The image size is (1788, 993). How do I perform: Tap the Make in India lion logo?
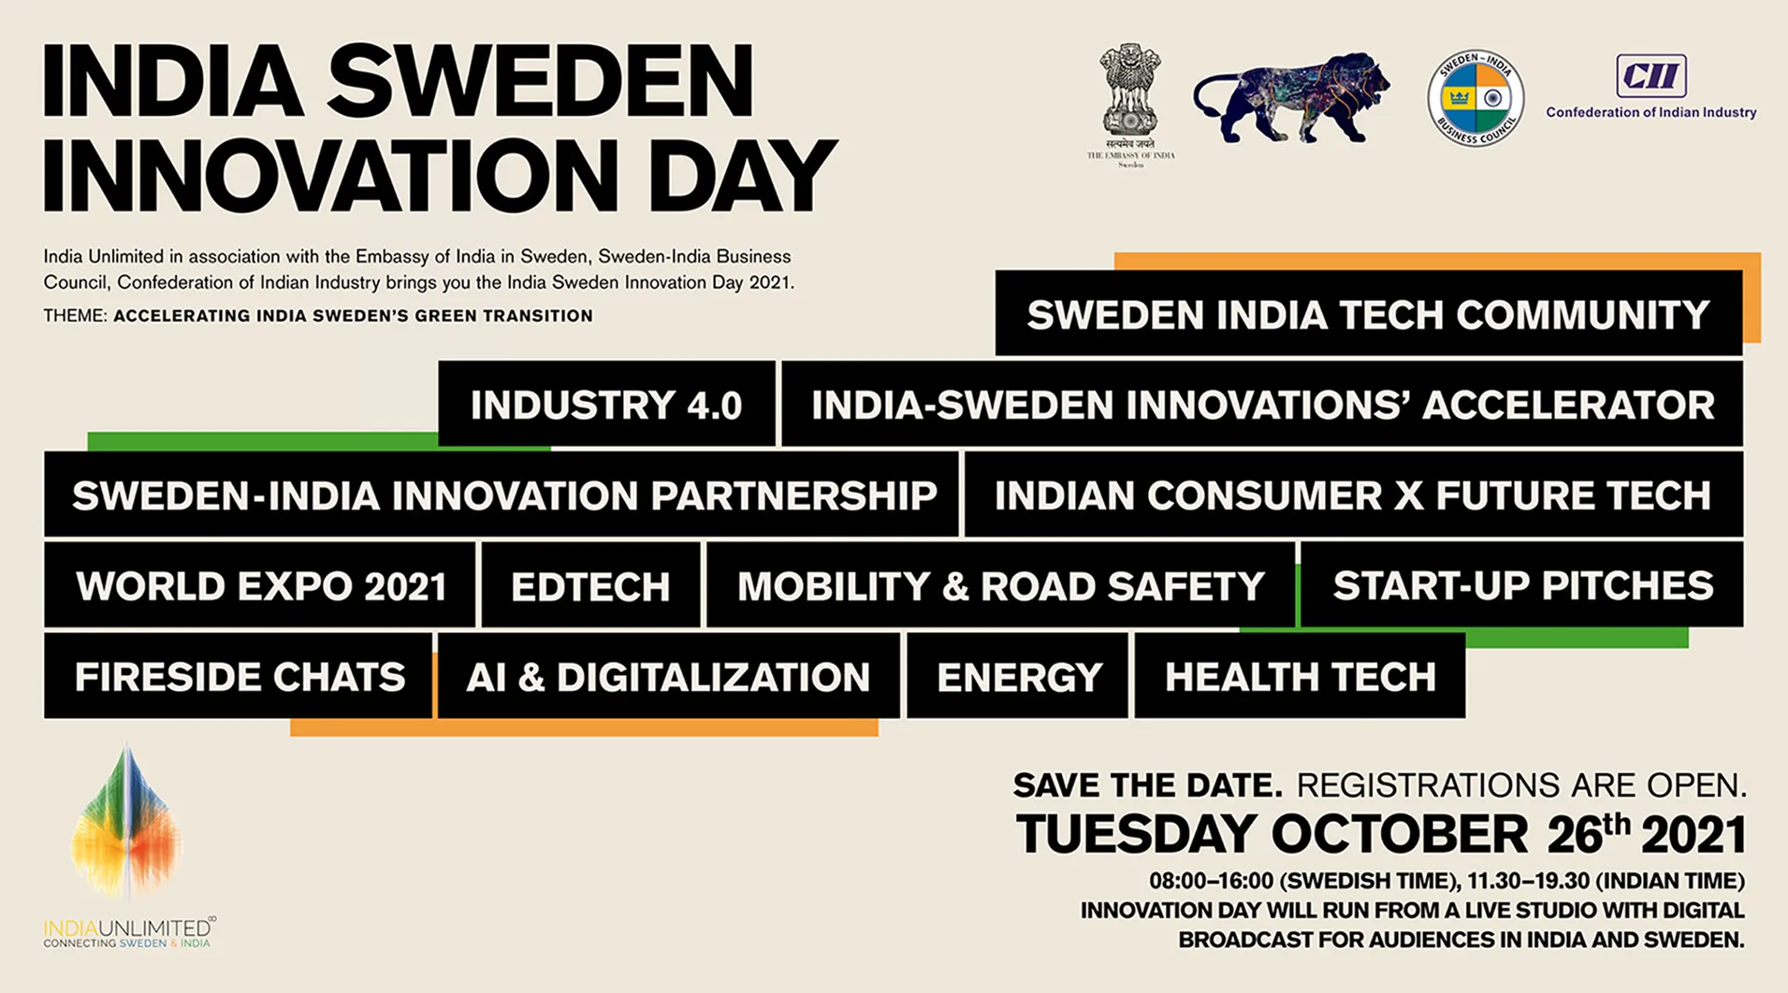click(x=1291, y=98)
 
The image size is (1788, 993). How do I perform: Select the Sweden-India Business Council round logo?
click(x=1475, y=98)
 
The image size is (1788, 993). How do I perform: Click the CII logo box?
click(x=1651, y=76)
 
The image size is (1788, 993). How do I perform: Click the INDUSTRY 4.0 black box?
click(x=606, y=404)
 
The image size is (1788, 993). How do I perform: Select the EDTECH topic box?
click(x=590, y=585)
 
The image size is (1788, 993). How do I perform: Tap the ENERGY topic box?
click(x=1018, y=676)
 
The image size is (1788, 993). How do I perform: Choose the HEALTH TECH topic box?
click(x=1300, y=676)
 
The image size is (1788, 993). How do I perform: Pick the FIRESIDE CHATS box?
click(x=239, y=676)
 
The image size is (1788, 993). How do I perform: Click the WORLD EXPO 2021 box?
click(x=260, y=585)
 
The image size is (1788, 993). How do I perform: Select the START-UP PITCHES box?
click(x=1522, y=585)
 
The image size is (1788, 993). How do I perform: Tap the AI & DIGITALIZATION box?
click(x=668, y=676)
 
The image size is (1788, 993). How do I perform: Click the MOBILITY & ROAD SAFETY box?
click(x=1000, y=585)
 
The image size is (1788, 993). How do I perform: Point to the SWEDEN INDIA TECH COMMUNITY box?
click(x=1369, y=313)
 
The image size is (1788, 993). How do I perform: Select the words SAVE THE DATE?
click(x=1148, y=785)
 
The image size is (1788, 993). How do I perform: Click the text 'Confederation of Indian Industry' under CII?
click(x=1651, y=112)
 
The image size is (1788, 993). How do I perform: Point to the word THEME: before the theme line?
click(x=75, y=316)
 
